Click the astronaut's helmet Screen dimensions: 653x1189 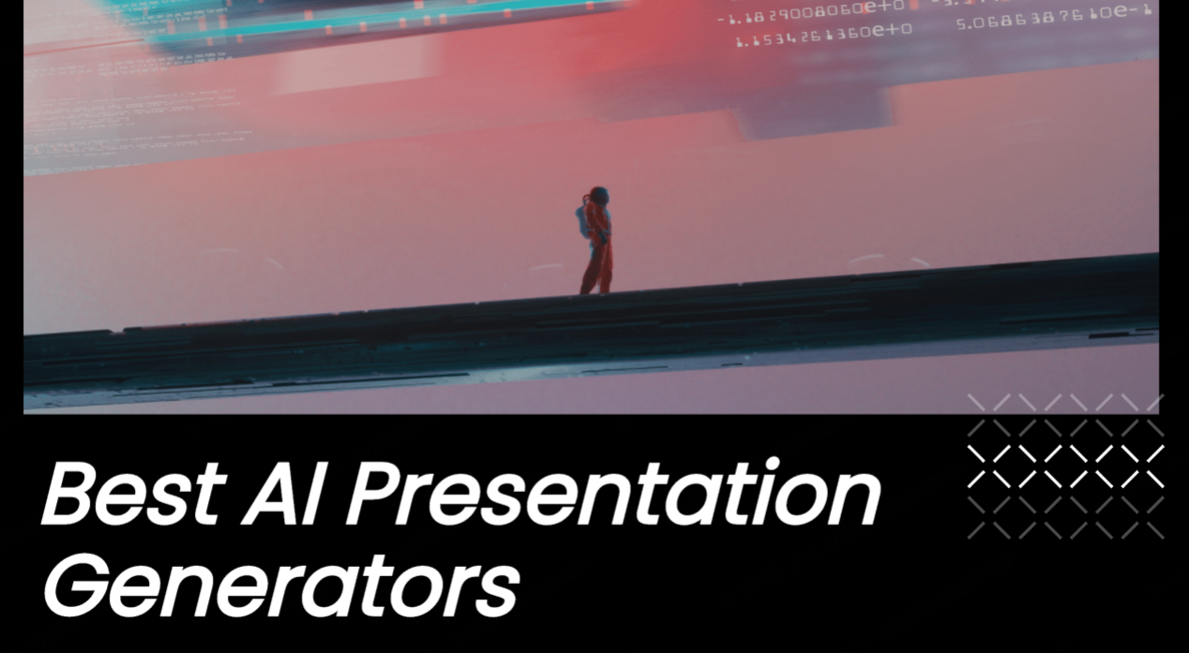click(598, 196)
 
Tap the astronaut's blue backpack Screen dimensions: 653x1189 click(583, 221)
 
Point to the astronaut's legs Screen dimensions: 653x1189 click(596, 272)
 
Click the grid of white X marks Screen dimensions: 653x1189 click(1065, 466)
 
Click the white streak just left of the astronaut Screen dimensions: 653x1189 click(546, 267)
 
